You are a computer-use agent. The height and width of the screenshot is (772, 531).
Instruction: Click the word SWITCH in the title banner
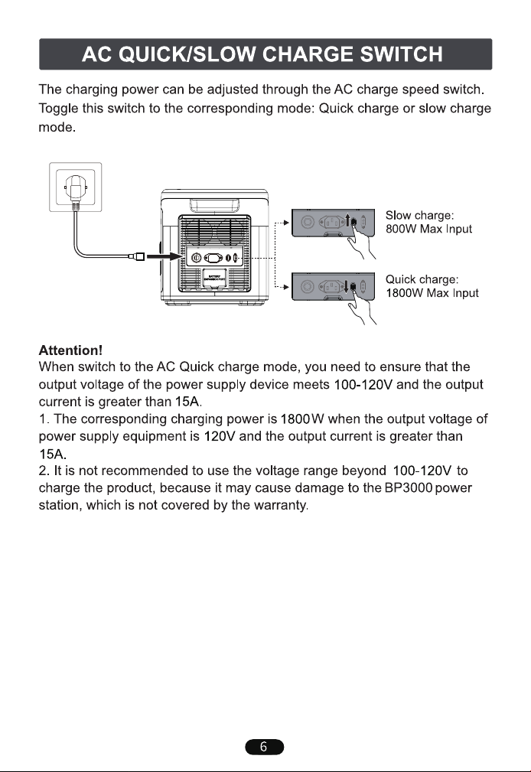coord(401,54)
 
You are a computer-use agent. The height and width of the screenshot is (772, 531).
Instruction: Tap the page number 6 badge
coord(265,747)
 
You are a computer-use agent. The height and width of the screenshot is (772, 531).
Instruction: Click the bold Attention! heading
coord(70,350)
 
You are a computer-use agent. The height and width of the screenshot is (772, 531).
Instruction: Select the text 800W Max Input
coord(428,229)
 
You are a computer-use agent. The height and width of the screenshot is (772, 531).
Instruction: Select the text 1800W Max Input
coord(432,293)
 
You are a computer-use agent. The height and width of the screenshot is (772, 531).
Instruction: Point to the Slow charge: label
coord(420,216)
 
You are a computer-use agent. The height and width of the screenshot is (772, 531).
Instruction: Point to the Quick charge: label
coord(422,280)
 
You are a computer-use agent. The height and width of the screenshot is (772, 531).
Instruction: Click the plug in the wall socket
coord(75,189)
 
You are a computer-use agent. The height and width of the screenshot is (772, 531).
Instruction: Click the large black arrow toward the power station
coord(165,256)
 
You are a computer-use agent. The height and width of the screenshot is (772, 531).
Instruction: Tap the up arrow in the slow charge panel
coord(348,220)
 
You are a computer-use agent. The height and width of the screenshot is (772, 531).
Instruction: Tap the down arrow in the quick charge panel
coord(347,286)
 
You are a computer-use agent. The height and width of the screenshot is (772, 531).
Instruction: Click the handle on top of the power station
coord(214,204)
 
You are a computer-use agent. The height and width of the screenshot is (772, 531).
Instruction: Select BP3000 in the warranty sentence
coord(409,488)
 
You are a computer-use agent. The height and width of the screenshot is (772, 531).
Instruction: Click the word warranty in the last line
coord(280,506)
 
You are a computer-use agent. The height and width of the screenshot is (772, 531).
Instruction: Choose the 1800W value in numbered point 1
coord(295,419)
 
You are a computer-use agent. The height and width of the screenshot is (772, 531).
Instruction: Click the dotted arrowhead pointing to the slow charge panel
coord(286,223)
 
